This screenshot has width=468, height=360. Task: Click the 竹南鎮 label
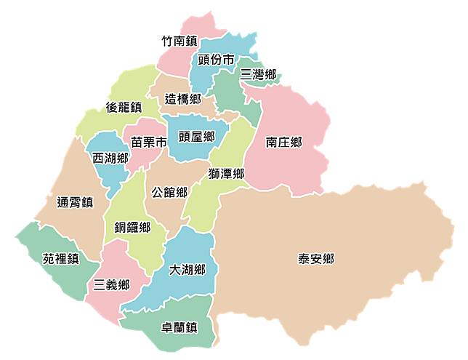tap(179, 41)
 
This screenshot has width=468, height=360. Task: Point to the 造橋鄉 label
tap(182, 98)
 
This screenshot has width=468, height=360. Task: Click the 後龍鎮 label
tap(124, 107)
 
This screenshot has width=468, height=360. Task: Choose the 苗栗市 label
tap(148, 143)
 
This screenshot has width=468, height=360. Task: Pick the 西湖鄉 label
tap(110, 158)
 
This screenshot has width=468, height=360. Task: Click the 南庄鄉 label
tap(283, 143)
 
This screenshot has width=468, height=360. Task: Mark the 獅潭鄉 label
tap(225, 174)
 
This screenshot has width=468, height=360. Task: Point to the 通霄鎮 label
tap(74, 202)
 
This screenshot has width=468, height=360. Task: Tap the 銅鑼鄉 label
tap(132, 228)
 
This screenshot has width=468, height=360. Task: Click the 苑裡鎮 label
tap(60, 258)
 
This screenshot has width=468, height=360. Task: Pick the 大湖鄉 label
tap(187, 270)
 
